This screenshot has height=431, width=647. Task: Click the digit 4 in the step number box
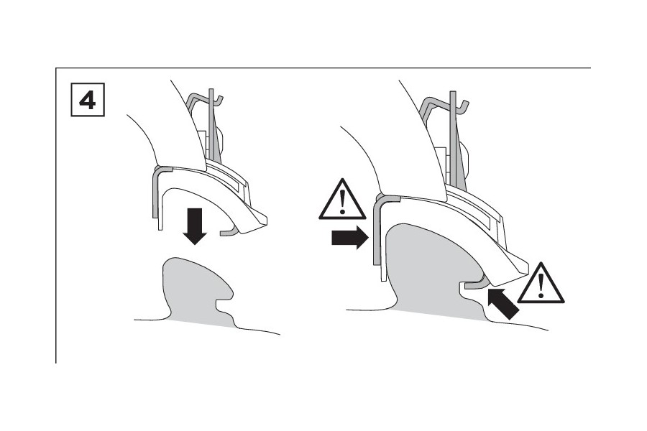coord(88,101)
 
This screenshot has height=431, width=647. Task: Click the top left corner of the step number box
coord(71,83)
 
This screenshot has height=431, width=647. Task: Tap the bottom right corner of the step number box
coord(105,116)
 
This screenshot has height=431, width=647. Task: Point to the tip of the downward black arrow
coord(195,245)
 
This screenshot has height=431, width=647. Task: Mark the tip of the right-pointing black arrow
coord(369,238)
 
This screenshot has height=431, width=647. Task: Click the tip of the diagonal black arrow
coord(488,289)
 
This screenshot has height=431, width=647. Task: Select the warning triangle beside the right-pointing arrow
coord(342,199)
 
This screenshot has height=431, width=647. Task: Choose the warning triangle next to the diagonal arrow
coord(541,283)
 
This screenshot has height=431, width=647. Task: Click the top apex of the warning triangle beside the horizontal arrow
coord(342,178)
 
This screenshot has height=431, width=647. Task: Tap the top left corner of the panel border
coord(55,68)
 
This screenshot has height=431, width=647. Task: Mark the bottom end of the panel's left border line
coord(55,363)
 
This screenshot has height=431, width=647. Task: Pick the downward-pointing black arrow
coord(195,227)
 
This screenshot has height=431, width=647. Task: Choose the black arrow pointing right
coord(350,238)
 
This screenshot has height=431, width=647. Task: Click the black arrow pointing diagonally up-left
coord(503,305)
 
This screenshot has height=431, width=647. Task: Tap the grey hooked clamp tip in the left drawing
coord(229,232)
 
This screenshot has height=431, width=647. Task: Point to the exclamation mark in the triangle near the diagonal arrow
coord(541,285)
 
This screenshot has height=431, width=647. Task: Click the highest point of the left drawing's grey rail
coord(177,258)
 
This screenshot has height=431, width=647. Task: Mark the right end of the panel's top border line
coord(591,68)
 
